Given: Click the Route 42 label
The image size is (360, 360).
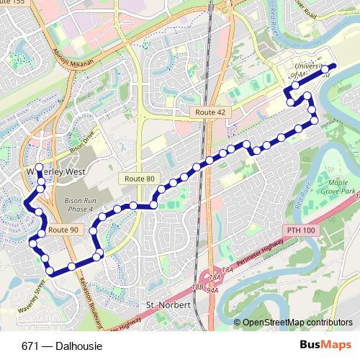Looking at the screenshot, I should pos(210,112).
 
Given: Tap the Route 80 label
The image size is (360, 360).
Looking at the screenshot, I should pos(139,178).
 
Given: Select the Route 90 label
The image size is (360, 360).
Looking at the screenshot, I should pos(64,230).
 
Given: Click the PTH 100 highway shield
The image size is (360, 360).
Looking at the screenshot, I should pos(300,230).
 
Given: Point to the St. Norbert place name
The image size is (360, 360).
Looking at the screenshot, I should pos(167,305).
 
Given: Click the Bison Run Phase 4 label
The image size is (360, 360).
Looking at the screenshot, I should pos(79,204).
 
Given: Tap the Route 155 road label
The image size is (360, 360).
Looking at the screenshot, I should pos(12,3).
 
